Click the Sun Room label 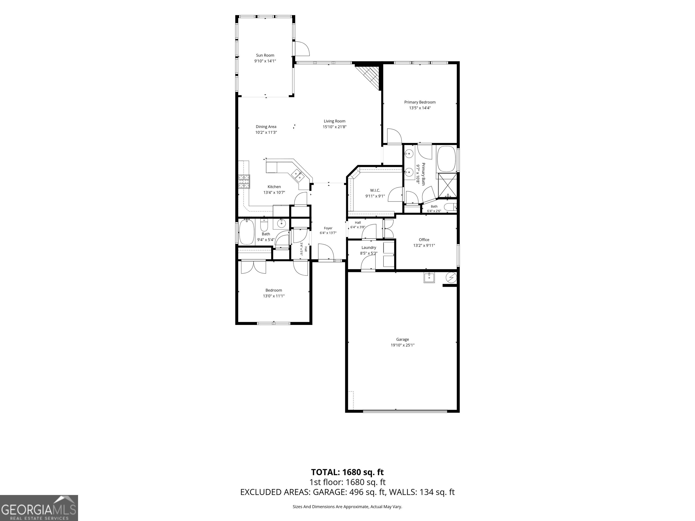coord(265,55)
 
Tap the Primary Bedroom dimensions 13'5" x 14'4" coord(420,108)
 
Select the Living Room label coord(334,121)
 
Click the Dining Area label coord(266,127)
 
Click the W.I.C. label coord(375,190)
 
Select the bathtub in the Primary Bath coord(446,159)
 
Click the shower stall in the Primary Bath coord(447,185)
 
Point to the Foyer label coord(328,228)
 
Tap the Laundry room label coord(369,247)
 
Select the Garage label coord(402,339)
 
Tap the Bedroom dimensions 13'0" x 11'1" coord(274,296)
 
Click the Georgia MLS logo coord(39,508)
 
